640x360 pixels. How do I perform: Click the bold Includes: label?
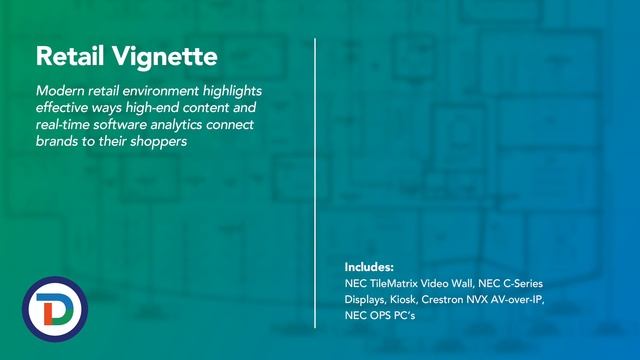click(369, 268)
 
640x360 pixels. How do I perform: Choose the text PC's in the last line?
click(405, 316)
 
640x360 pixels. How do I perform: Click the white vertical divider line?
click(316, 180)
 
